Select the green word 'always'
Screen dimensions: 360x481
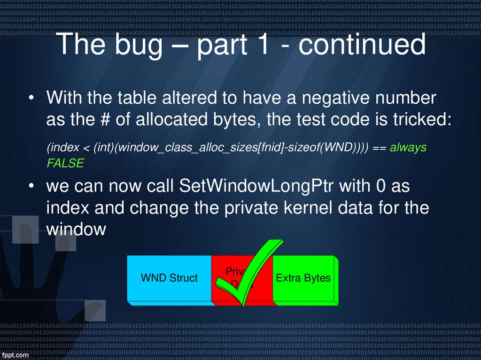point(408,147)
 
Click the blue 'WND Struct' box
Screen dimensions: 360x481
point(169,278)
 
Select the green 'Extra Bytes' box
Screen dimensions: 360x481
point(303,278)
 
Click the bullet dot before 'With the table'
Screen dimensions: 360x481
point(31,100)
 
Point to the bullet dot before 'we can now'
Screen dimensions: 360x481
point(31,187)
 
